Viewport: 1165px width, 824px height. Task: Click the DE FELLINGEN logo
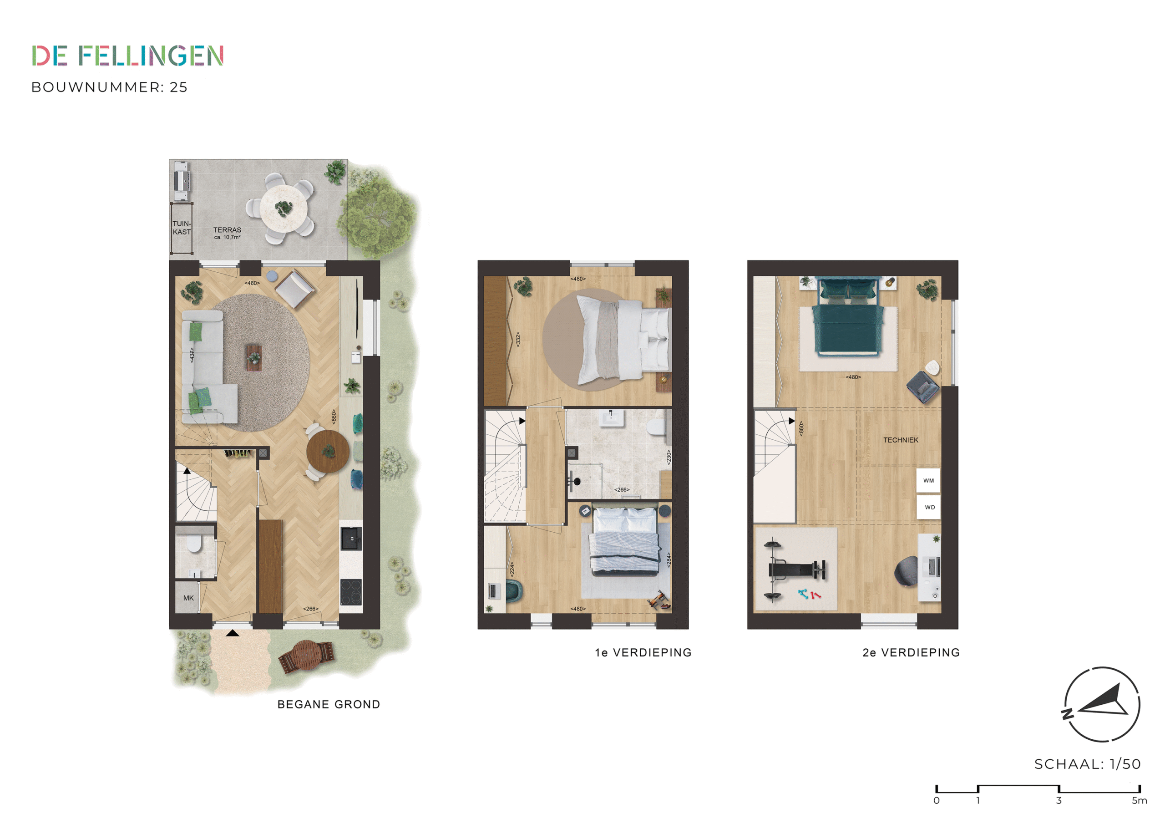128,56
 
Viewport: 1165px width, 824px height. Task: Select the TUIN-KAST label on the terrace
182,228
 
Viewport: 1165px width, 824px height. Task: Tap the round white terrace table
283,208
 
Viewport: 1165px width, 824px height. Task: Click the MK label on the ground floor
189,598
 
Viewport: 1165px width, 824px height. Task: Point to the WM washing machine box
928,481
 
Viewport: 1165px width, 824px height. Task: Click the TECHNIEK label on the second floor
901,440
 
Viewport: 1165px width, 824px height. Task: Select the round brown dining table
328,451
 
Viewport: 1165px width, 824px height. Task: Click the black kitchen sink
351,539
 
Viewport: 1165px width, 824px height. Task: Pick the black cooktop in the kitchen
351,592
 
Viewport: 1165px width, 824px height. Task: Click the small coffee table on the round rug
253,357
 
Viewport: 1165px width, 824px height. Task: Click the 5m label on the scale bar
1139,801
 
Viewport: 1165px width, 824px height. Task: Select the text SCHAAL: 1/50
1087,764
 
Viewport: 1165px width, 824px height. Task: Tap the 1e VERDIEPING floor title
643,652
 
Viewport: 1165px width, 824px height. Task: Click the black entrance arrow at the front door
233,633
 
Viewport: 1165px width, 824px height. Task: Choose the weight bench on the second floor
795,570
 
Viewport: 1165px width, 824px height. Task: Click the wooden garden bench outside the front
306,656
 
